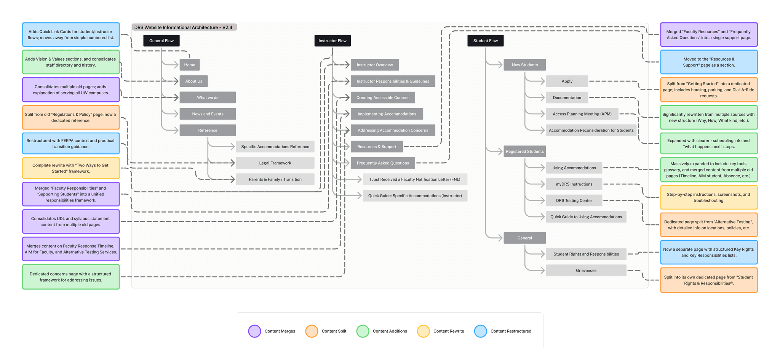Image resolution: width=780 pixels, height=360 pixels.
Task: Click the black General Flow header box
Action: [161, 41]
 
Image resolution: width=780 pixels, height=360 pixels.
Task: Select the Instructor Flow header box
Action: [332, 41]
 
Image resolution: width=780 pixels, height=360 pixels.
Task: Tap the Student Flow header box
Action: [485, 41]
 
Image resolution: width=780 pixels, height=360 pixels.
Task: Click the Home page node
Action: [189, 65]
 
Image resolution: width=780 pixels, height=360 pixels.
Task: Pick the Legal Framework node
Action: [275, 163]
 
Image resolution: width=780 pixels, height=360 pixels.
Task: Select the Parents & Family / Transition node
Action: [275, 179]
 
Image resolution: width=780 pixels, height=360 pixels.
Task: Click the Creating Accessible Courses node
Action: [382, 98]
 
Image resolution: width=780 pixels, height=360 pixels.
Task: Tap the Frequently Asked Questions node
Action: [382, 163]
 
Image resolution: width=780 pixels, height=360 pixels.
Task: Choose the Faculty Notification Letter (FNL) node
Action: [415, 179]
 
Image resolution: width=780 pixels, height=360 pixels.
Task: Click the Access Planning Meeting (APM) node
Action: [582, 114]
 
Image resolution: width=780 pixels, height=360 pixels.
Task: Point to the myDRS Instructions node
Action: [574, 184]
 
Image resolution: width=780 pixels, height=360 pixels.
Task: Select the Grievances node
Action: [586, 270]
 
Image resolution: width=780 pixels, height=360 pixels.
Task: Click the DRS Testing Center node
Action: [574, 200]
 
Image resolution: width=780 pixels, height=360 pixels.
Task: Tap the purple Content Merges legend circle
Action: [254, 331]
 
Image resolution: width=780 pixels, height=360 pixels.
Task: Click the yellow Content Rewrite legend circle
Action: [423, 331]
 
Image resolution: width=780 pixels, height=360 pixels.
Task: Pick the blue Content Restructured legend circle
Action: [480, 331]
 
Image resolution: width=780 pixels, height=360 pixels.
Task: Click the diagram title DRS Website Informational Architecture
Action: [184, 27]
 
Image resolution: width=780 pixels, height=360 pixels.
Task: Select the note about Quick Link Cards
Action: [71, 35]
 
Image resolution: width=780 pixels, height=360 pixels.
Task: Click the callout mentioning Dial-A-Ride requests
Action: [708, 90]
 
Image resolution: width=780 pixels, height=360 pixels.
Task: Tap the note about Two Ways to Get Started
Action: [71, 168]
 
